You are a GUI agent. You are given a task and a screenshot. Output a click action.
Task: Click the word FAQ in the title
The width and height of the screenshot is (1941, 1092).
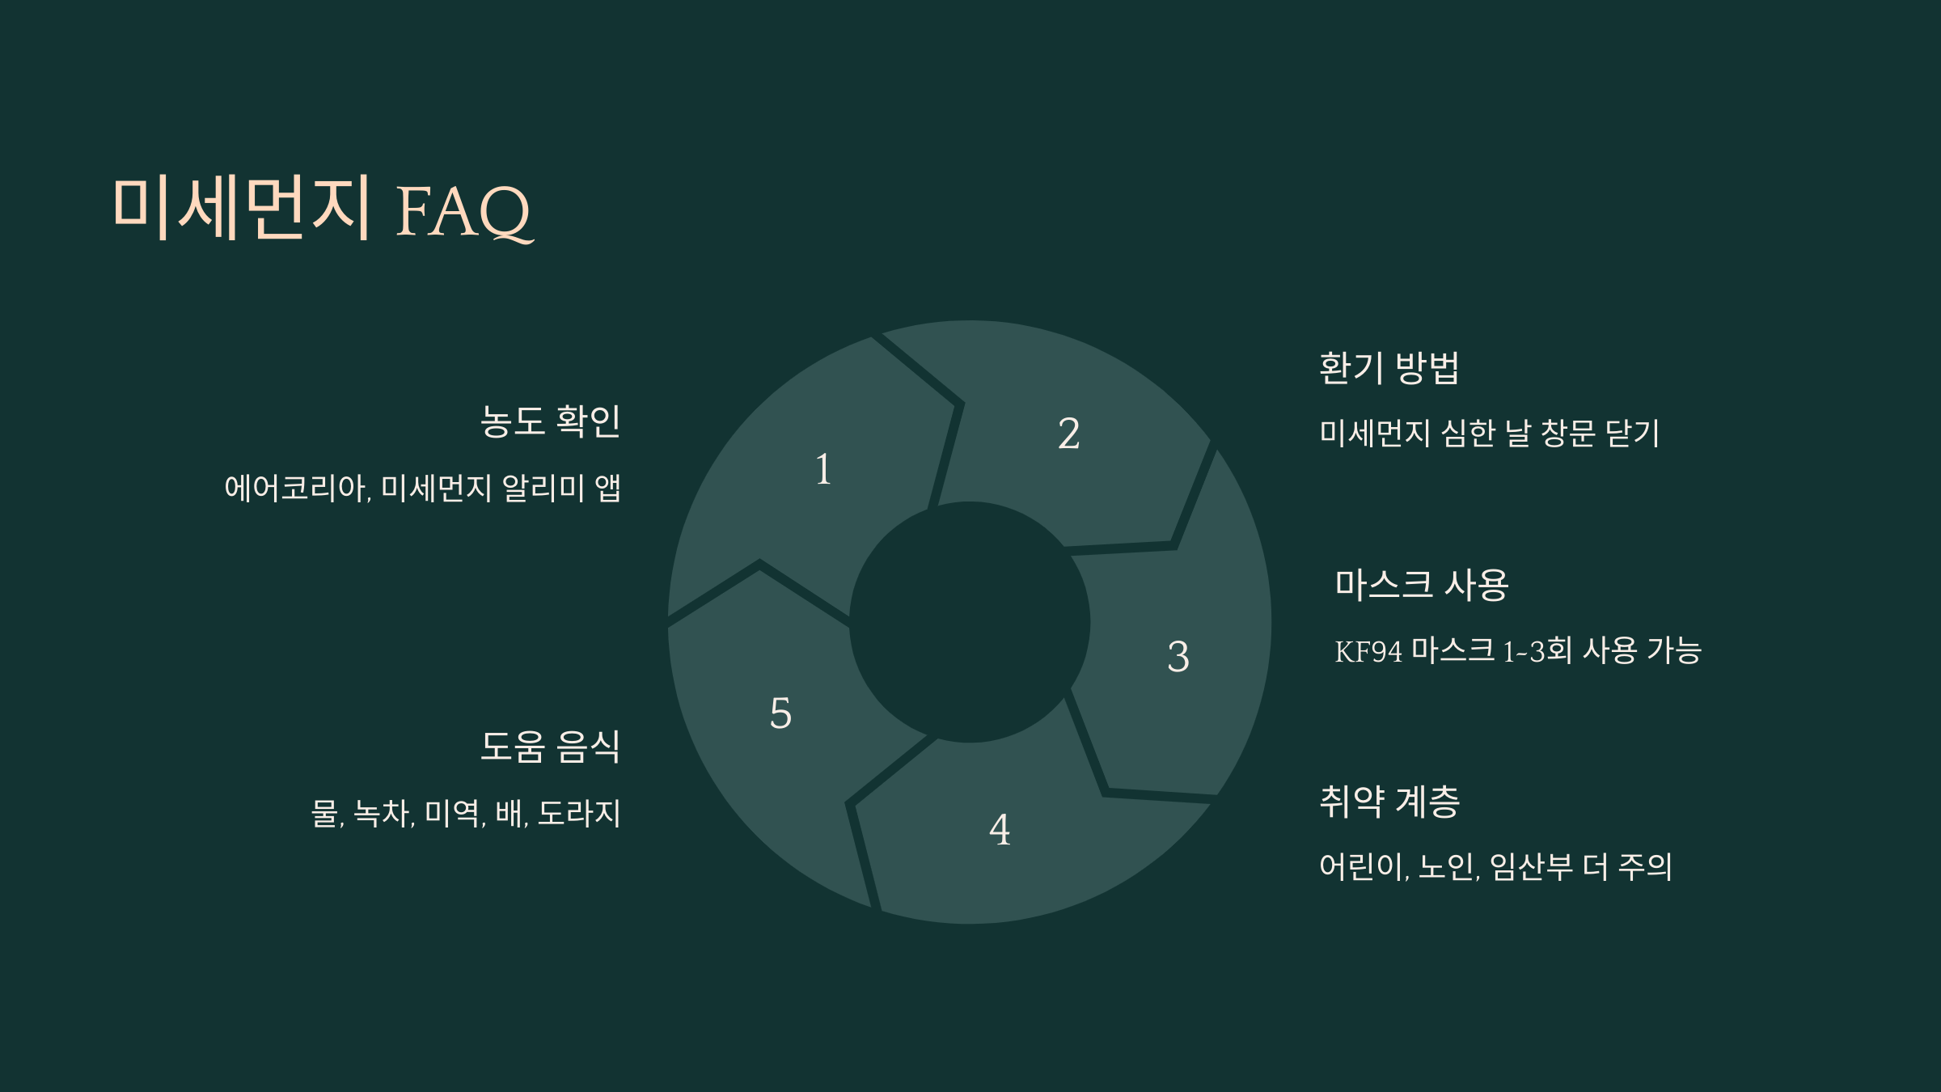[464, 212]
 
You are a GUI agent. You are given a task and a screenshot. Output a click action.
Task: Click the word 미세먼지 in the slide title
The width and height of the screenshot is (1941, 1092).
[242, 208]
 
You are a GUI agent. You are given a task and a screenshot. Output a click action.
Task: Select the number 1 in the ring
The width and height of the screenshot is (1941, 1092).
[823, 469]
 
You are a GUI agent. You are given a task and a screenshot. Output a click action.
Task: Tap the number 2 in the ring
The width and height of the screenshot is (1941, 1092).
[1068, 434]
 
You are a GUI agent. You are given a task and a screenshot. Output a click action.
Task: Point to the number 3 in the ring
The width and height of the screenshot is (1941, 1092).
[1178, 656]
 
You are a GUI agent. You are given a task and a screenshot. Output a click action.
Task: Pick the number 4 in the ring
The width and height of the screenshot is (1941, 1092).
[1000, 829]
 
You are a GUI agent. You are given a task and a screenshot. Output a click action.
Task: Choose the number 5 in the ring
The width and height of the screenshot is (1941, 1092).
[780, 713]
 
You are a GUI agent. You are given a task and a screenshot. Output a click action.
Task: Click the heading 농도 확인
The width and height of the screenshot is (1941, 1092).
[550, 421]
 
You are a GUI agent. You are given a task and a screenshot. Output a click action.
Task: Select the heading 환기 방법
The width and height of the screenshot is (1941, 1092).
[1389, 368]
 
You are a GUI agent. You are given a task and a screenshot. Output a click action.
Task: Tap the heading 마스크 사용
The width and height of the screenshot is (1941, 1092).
[1421, 585]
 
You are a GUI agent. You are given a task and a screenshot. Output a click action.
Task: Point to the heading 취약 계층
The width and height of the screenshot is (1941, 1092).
[1389, 802]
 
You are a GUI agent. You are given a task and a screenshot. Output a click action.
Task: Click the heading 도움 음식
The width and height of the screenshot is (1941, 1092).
[550, 747]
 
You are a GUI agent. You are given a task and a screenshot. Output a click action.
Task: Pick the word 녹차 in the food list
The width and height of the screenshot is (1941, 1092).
[383, 814]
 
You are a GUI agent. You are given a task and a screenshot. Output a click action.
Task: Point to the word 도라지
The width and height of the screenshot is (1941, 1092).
[579, 814]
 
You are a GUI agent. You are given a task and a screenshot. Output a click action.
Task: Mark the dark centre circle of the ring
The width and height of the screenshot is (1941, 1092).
[970, 622]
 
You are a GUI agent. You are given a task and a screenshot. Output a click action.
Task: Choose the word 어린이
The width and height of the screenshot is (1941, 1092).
[1363, 867]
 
